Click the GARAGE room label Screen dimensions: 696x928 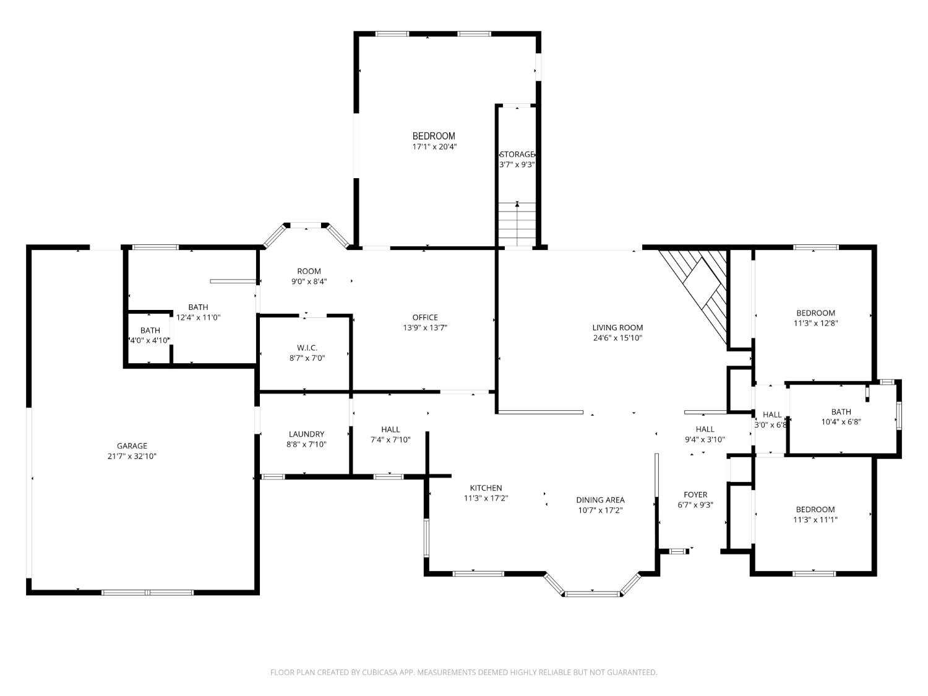132,445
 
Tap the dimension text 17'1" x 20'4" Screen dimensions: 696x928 434,147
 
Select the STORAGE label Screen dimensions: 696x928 517,154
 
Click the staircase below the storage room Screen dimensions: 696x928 517,224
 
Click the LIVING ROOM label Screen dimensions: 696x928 617,328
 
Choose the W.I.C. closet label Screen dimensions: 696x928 306,348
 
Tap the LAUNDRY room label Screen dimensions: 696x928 306,434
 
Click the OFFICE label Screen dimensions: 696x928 425,318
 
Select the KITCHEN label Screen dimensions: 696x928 486,488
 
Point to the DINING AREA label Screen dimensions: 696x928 600,500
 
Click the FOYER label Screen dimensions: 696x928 695,494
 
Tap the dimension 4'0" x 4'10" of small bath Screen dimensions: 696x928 149,340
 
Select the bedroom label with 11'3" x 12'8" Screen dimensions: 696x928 815,313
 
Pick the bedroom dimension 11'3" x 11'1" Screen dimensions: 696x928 815,520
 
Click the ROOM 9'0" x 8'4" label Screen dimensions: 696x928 309,271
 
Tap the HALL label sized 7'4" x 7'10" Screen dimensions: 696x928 390,429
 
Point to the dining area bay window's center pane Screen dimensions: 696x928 592,594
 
